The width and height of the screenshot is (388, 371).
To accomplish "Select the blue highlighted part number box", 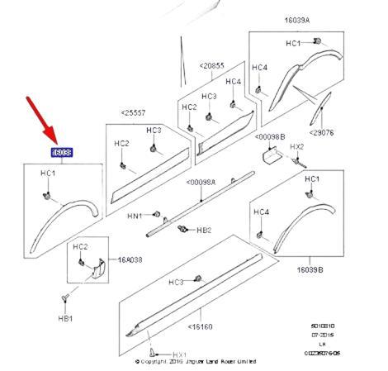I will click(x=61, y=152).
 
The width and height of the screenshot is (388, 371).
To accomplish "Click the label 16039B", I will click(x=310, y=269).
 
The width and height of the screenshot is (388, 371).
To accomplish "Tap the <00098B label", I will click(x=270, y=136).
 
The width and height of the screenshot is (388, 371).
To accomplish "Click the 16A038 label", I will click(x=130, y=259).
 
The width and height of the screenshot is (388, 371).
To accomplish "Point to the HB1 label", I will click(x=66, y=317).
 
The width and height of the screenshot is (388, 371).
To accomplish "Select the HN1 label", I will click(x=135, y=216).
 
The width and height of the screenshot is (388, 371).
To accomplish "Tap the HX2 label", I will click(x=298, y=146).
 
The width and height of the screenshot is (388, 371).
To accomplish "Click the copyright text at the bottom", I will click(x=195, y=361).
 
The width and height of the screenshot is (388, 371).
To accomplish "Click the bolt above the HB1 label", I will click(x=64, y=297).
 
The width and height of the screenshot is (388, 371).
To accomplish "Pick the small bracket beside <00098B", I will click(x=268, y=154).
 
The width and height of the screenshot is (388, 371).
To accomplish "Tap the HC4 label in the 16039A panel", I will click(x=259, y=67).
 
